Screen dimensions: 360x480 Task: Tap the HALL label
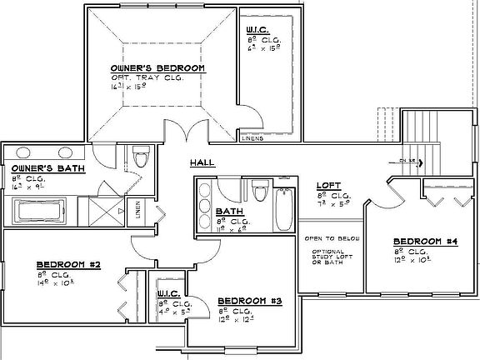coord(202,162)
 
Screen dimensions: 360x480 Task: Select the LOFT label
coord(327,185)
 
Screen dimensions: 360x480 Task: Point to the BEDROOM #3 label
coord(249,300)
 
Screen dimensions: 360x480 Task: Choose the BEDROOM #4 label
coord(424,242)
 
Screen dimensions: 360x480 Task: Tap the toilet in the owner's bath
coord(140,157)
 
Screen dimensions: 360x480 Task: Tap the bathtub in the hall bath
coord(282,206)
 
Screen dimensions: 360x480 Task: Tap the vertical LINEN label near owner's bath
coord(138,212)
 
